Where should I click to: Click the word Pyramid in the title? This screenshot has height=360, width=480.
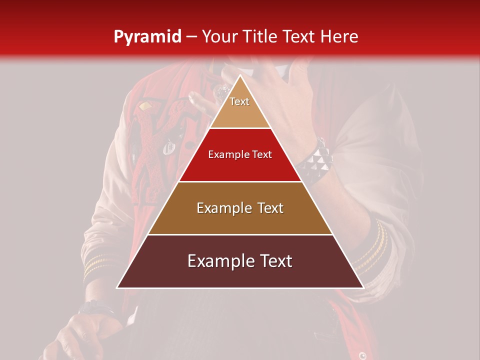147,36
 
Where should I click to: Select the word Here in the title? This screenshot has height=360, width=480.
339,36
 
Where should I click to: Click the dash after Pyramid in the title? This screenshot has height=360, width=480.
191,37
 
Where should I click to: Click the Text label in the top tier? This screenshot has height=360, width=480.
239,101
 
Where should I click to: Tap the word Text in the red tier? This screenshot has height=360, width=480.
261,155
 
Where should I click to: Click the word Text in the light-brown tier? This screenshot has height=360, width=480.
270,208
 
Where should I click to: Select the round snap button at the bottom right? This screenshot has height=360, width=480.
362,355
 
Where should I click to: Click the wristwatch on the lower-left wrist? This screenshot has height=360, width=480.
95,306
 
